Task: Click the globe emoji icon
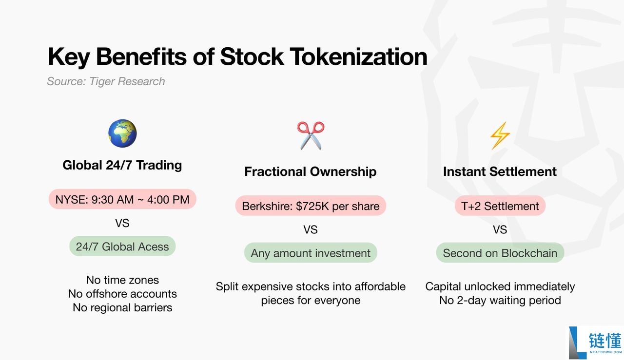click(x=122, y=133)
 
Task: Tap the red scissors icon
click(x=311, y=135)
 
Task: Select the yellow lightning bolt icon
click(x=500, y=135)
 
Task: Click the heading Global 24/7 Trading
click(x=122, y=165)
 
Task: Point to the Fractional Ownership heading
click(x=311, y=171)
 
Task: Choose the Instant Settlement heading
click(x=500, y=171)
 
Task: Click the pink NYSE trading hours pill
click(x=122, y=199)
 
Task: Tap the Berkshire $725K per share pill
click(x=311, y=206)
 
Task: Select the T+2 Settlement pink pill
click(x=500, y=206)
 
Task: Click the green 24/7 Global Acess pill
click(x=122, y=246)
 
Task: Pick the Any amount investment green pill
click(x=311, y=253)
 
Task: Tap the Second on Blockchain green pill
click(x=500, y=253)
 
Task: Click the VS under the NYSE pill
click(x=122, y=223)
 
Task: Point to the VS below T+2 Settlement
click(x=500, y=230)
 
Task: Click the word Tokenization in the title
click(x=358, y=57)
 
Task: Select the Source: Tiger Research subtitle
click(x=106, y=81)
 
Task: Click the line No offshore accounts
click(x=122, y=294)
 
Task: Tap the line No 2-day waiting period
click(x=500, y=301)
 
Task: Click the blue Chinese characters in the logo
click(x=605, y=340)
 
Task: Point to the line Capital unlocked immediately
click(x=500, y=287)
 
